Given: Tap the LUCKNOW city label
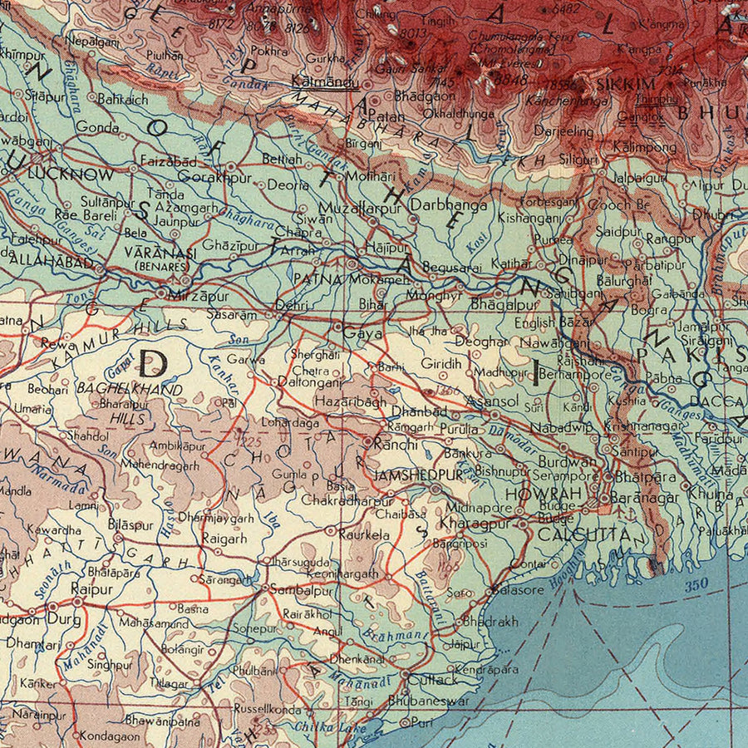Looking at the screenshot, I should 70,175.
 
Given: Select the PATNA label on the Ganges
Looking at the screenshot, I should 317,280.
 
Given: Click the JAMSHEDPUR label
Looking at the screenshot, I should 418,475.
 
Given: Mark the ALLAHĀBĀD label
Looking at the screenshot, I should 41,258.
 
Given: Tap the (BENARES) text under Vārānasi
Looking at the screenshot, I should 162,267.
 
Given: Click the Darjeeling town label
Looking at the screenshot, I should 563,132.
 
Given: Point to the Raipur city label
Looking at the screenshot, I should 91,588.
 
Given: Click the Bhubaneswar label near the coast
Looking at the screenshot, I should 428,701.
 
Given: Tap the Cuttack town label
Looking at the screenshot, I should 427,680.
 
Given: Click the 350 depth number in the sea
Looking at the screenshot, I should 696,584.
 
